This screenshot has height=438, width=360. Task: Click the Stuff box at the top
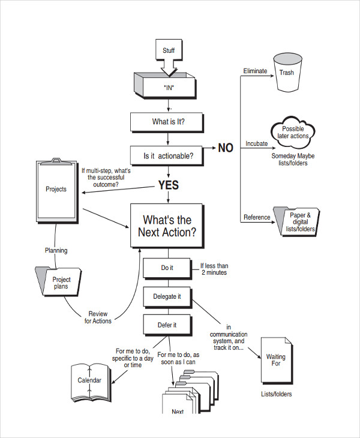169,51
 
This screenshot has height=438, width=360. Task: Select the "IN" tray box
168,87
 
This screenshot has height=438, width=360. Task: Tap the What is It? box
168,122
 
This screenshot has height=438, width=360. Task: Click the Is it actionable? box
168,156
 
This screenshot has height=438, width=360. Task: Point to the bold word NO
225,148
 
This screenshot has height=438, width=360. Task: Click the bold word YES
168,185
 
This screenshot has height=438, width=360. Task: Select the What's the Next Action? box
167,226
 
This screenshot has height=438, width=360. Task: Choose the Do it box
167,268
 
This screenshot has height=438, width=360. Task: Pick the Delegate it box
167,296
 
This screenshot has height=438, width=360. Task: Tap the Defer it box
167,325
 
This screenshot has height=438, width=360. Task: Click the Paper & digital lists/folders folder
298,222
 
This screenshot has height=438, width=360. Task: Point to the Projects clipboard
56,191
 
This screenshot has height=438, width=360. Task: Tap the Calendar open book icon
89,381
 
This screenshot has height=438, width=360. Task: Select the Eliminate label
255,71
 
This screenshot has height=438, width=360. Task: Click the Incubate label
256,144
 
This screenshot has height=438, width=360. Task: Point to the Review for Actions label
98,317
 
